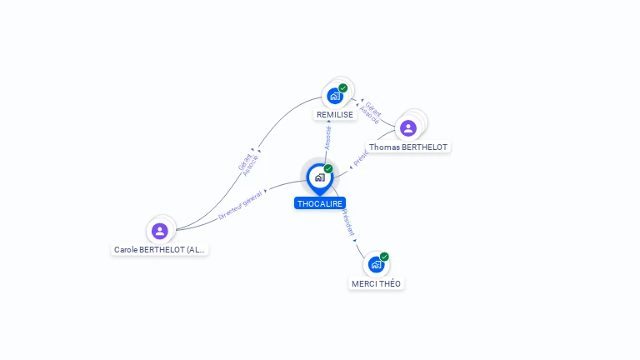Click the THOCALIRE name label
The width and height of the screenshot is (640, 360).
click(320, 203)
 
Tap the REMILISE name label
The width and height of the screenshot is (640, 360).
click(335, 114)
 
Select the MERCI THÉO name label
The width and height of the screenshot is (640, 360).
click(376, 283)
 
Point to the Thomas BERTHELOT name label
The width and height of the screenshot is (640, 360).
click(408, 147)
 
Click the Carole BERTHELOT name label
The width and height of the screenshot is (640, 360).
click(159, 249)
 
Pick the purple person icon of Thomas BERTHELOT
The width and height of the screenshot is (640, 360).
click(407, 127)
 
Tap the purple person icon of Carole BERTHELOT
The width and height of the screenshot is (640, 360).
click(160, 231)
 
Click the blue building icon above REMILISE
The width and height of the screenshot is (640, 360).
click(335, 96)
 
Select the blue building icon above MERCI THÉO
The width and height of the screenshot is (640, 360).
click(376, 265)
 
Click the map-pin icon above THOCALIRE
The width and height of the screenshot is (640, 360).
click(319, 177)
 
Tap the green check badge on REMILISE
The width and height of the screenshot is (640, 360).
click(343, 87)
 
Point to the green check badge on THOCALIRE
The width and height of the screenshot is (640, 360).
click(328, 169)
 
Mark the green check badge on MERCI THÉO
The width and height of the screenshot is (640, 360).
click(384, 257)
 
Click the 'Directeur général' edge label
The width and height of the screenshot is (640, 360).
click(240, 204)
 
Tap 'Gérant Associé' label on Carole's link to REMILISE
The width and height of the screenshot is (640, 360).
click(248, 163)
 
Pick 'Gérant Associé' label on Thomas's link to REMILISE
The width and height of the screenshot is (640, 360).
click(372, 112)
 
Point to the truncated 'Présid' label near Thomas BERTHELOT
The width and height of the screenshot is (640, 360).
click(361, 156)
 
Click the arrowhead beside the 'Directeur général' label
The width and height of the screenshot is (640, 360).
click(266, 192)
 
